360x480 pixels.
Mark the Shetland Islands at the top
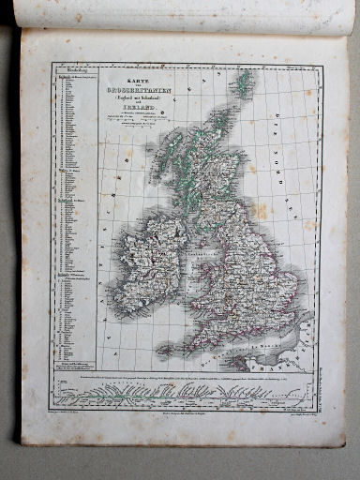pyautogui.click(x=245, y=84)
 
